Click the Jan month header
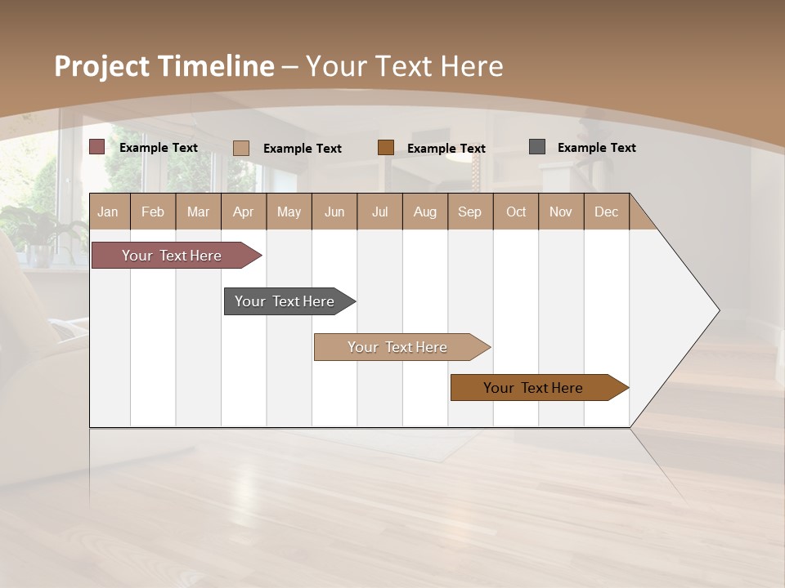click(109, 212)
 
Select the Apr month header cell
click(244, 212)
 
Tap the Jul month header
click(380, 212)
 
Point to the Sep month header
click(470, 212)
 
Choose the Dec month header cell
click(606, 212)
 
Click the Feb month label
click(153, 212)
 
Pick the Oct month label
click(516, 212)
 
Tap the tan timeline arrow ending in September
click(398, 347)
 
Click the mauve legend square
click(97, 147)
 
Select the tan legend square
click(241, 148)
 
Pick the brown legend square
click(386, 148)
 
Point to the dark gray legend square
click(537, 147)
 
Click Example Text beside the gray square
click(596, 148)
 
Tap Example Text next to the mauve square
click(159, 148)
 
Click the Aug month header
click(424, 212)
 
